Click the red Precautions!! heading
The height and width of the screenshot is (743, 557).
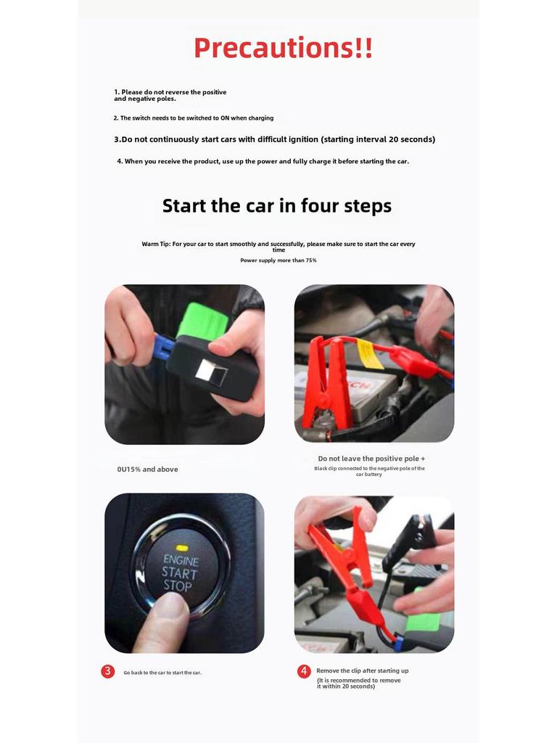coord(284,48)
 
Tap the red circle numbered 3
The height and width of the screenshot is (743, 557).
coord(108,671)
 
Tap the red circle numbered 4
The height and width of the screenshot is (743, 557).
coord(304,671)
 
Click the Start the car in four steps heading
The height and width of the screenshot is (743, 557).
coord(277,205)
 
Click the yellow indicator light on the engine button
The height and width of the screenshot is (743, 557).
coord(182,548)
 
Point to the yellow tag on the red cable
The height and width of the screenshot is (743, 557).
coord(369,354)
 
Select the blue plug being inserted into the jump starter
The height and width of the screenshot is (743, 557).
coord(164,346)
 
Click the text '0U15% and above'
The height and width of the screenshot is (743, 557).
coord(148,469)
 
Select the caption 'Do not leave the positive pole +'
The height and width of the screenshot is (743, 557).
coord(371,459)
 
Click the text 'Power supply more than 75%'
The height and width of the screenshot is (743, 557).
coord(278,260)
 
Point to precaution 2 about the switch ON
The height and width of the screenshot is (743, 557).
coord(193,118)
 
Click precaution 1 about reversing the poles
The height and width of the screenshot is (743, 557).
coord(170,95)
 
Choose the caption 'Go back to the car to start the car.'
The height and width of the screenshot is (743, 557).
coord(162,673)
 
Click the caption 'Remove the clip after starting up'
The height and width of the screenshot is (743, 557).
coord(363,670)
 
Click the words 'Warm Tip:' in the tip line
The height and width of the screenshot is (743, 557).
coord(156,244)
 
